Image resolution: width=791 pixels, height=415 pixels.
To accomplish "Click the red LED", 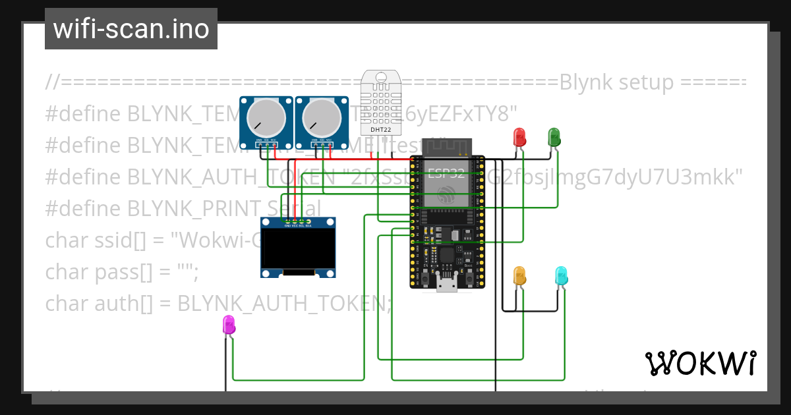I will pos(520,137).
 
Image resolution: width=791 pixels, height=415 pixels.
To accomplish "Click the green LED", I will pos(554,137).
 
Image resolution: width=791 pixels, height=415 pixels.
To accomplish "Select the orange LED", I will pos(519,276).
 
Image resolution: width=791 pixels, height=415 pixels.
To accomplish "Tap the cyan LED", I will pos(561,276).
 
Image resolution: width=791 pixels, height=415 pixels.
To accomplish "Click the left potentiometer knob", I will pos(266,119).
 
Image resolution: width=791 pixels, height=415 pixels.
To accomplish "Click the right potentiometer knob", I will pos(322,119).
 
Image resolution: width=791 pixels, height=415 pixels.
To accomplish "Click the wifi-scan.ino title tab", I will pos(131,29).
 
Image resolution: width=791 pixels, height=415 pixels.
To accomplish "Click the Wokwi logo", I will pos(700,363).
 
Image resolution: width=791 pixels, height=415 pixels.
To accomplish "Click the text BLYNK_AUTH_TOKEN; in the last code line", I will pos(284,304).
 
